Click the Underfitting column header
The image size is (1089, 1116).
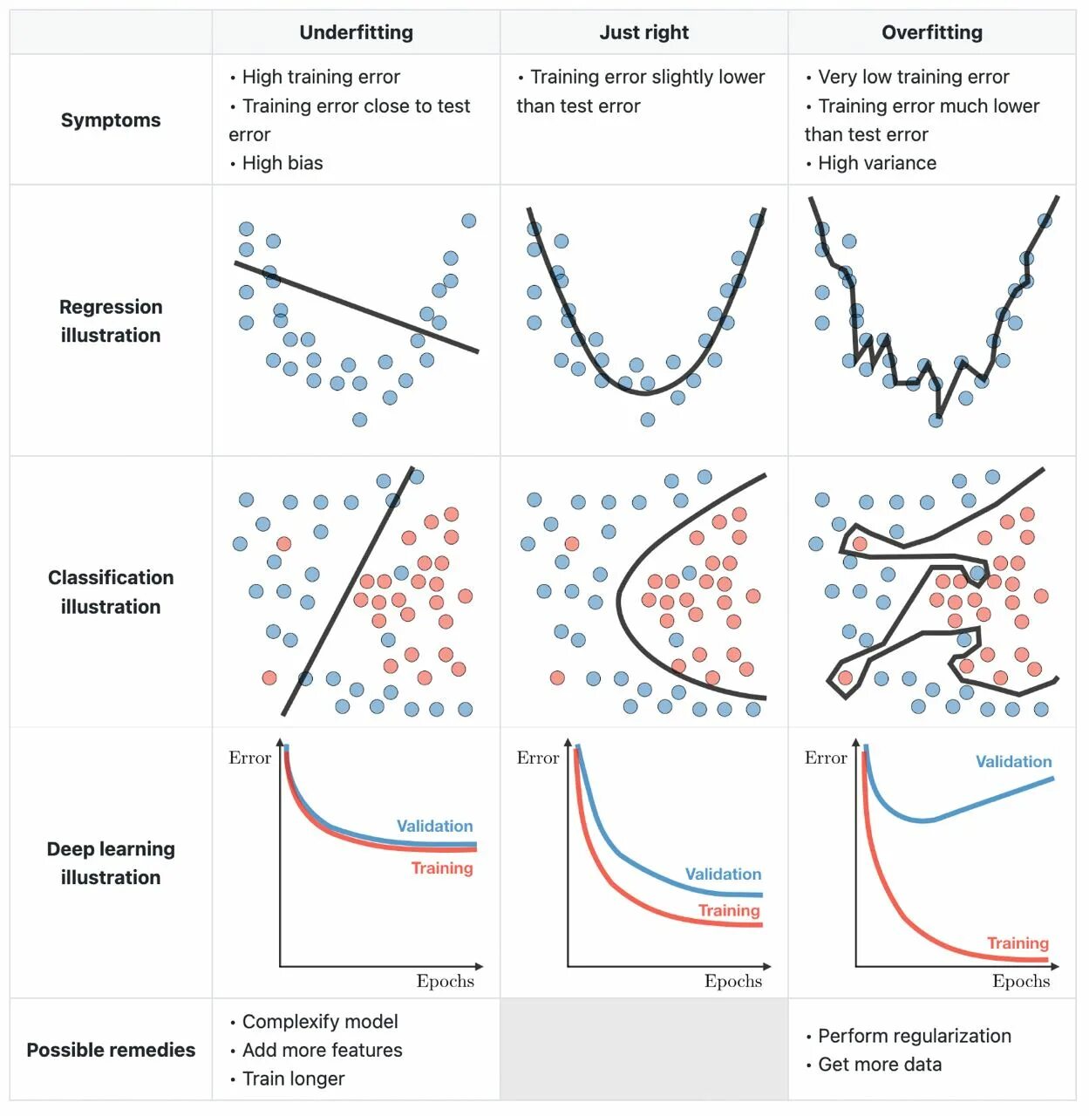pyautogui.click(x=356, y=33)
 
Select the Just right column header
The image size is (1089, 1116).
pyautogui.click(x=643, y=33)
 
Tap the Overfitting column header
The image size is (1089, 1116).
pyautogui.click(x=931, y=33)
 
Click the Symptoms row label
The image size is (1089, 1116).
pyautogui.click(x=111, y=120)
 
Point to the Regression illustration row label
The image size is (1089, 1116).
pyautogui.click(x=111, y=321)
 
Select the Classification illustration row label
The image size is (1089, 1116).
pyautogui.click(x=111, y=592)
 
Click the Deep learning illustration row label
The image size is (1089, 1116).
pyautogui.click(x=111, y=863)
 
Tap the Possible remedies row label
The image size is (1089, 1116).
pyautogui.click(x=111, y=1050)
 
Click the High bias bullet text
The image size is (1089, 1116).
pyautogui.click(x=282, y=163)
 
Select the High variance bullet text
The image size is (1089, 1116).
pyautogui.click(x=876, y=163)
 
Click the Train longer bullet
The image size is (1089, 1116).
pyautogui.click(x=293, y=1079)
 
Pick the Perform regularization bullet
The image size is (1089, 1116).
pyautogui.click(x=914, y=1036)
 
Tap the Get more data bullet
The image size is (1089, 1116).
pyautogui.click(x=879, y=1065)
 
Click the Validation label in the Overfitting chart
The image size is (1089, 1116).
pyautogui.click(x=1013, y=762)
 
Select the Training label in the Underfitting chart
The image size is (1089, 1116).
pyautogui.click(x=442, y=868)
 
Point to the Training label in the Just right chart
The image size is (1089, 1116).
pyautogui.click(x=729, y=911)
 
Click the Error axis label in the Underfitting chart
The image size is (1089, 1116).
pyautogui.click(x=250, y=758)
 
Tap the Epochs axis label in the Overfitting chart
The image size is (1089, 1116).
pyautogui.click(x=1021, y=981)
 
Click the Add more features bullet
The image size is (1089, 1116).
pyautogui.click(x=322, y=1050)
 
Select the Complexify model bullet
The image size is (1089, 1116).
pyautogui.click(x=319, y=1022)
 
